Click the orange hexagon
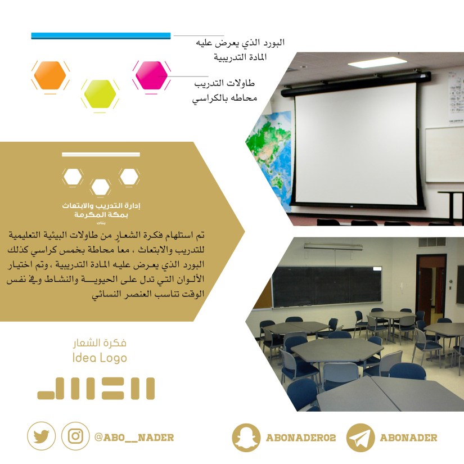point(50,74)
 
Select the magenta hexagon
point(151,74)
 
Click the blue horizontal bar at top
point(101,36)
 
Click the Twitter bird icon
point(41,436)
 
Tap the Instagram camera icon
point(75,436)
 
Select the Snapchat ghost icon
point(246,438)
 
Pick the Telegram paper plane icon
point(361,438)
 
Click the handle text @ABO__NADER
point(134,437)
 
